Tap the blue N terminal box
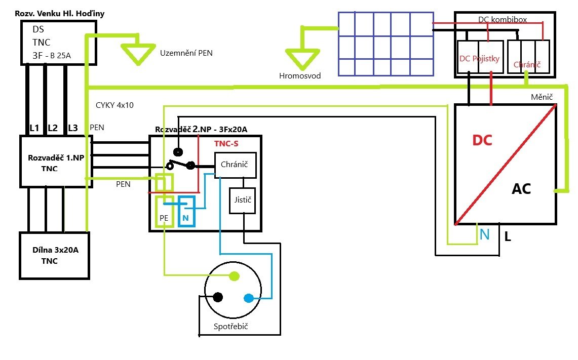[x=186, y=211]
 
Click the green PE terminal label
[x=164, y=218]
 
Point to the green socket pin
[x=234, y=276]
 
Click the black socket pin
[x=218, y=297]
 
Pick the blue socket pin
[x=249, y=298]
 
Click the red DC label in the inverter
[x=482, y=140]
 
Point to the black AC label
[x=521, y=189]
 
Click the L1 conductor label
[x=34, y=128]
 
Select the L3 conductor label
[x=73, y=128]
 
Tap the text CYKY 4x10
[x=114, y=105]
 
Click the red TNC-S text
[x=226, y=144]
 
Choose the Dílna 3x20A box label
[x=55, y=250]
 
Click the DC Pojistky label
[x=480, y=59]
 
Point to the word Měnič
[x=542, y=97]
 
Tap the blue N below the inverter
[x=485, y=234]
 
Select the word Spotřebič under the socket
[x=231, y=327]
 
